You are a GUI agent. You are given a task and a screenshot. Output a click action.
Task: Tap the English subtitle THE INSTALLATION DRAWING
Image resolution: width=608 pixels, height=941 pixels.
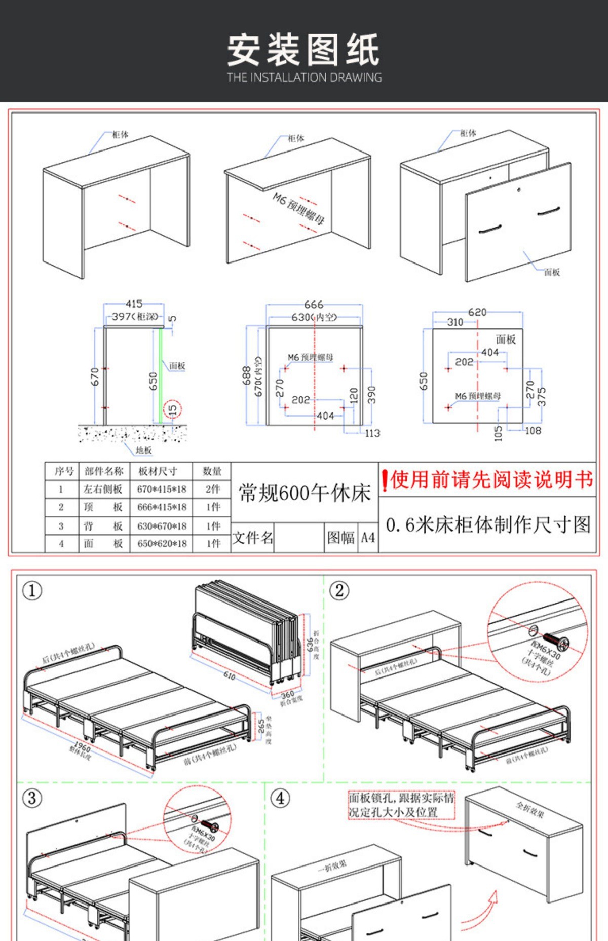coord(304,78)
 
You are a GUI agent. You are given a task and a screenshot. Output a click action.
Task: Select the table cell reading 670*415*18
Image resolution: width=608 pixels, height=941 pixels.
coord(162,489)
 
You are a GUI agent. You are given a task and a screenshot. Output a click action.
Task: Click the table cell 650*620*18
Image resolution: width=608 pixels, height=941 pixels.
coord(162,544)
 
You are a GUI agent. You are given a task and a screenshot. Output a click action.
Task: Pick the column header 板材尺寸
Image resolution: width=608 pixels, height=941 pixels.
coord(158,471)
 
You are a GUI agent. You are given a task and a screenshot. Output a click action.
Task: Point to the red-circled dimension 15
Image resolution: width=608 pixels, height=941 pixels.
coord(172,409)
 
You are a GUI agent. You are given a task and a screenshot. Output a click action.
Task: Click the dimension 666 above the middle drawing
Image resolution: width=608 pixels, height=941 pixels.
coord(314,305)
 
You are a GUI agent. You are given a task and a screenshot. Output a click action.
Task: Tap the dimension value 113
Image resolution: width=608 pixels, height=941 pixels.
coord(372,433)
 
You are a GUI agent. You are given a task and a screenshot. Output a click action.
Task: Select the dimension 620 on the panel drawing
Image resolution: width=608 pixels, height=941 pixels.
coord(477,312)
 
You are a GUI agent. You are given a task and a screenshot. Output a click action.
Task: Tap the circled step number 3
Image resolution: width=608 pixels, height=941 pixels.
coord(31,799)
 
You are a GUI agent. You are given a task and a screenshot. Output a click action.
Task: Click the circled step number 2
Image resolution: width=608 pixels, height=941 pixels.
coord(339,590)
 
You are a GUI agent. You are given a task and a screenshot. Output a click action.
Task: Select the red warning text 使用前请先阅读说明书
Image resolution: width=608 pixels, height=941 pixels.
coord(488,479)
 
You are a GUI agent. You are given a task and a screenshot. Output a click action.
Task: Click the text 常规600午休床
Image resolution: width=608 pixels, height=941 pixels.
coord(305,493)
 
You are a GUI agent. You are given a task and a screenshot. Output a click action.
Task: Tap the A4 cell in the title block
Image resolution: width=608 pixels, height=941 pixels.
coord(368,538)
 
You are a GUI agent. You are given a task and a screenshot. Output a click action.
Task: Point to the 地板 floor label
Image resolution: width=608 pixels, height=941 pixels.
coord(144,450)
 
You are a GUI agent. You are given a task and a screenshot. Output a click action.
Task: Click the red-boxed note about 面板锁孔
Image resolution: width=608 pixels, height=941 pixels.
coord(401,805)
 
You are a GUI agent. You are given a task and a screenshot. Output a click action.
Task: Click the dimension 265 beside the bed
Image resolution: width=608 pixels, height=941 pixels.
coord(261,726)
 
